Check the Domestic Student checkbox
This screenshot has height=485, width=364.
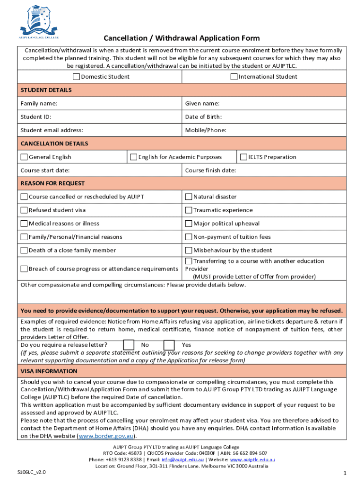[76, 77]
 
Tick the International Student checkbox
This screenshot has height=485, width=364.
[234, 77]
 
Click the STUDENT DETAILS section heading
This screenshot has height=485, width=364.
[46, 90]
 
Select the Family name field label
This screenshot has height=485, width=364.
[39, 103]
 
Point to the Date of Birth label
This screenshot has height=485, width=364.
[203, 117]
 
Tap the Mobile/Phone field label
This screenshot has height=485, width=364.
[206, 130]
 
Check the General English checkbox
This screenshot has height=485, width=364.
[24, 157]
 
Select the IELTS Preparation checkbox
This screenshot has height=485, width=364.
[244, 157]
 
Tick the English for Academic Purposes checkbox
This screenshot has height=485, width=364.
[134, 157]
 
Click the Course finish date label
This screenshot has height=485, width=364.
[210, 171]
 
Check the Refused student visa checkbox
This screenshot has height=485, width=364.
[24, 210]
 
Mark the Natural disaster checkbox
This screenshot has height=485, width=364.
[188, 197]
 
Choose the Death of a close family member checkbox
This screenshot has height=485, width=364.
[24, 251]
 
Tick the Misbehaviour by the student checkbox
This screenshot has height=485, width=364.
[188, 251]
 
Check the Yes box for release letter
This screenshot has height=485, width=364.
[169, 345]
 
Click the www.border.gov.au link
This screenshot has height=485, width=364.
[106, 436]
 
